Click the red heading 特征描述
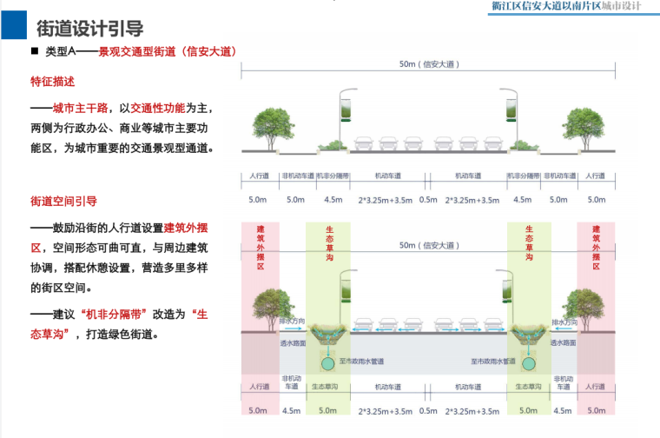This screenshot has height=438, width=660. [53, 81]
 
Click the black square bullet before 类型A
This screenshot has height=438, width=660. [35, 52]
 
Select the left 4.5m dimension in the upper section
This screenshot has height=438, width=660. [333, 199]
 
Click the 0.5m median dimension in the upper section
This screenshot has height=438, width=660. [428, 199]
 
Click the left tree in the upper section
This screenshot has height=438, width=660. [269, 128]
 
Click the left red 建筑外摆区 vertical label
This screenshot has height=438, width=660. [260, 247]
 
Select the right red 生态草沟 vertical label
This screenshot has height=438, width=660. [527, 247]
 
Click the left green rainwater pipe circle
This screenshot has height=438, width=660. [329, 362]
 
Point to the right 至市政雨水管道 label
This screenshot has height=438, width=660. [493, 360]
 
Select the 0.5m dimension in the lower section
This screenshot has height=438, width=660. [428, 410]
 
